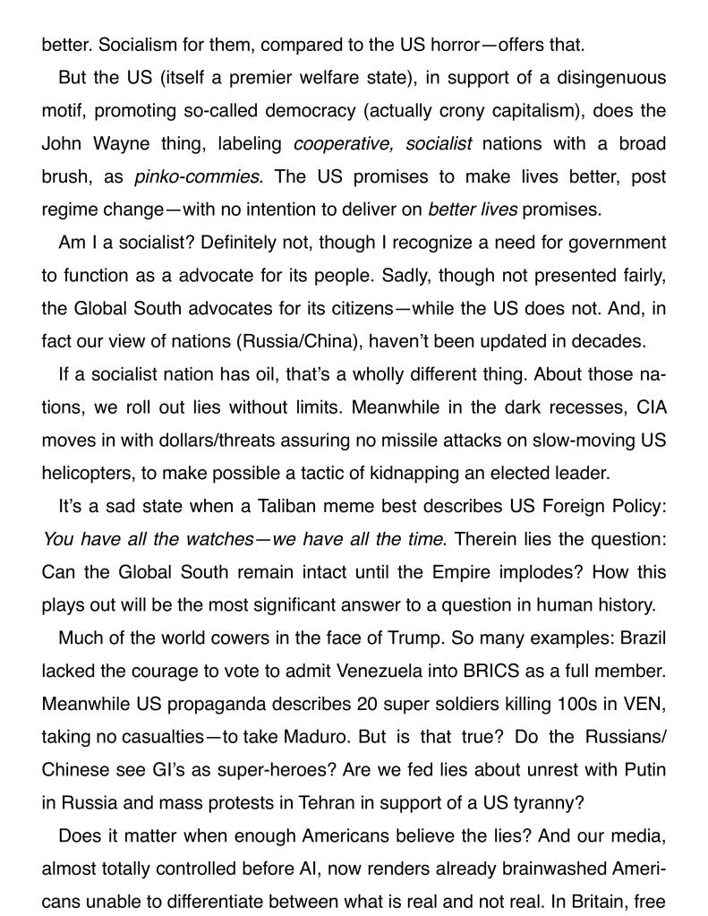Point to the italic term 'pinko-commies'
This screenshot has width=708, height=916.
pos(199,176)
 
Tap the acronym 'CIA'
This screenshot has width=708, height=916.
pos(649,407)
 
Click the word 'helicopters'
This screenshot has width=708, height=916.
pos(83,474)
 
